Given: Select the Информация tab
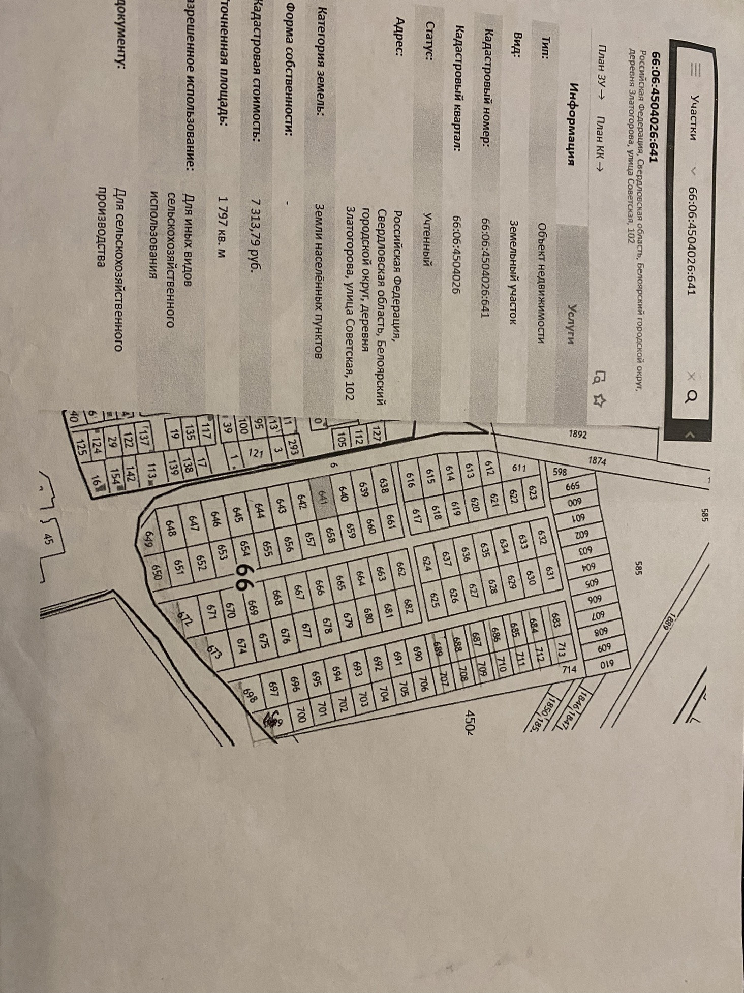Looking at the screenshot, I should click(x=572, y=125).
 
